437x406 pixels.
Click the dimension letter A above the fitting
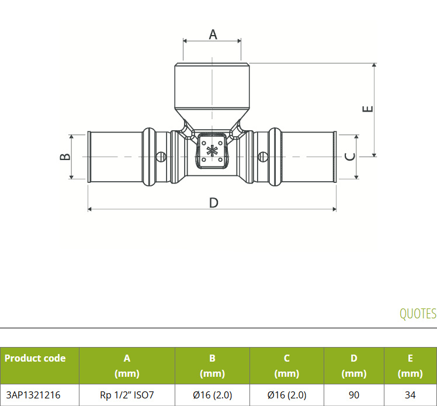pos(213,34)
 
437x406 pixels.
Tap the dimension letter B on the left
pos(65,157)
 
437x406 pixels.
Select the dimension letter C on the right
pos(350,157)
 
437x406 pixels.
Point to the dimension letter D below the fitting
pos(213,203)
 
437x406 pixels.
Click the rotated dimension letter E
pos(367,109)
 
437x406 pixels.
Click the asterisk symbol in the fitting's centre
pos(212,152)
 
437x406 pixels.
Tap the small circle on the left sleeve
pos(161,157)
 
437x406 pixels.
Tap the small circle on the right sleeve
pos(262,157)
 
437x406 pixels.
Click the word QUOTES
pos(418,314)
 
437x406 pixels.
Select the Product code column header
pos(35,358)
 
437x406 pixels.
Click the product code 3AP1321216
pos(33,395)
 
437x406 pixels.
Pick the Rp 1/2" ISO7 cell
pos(127,395)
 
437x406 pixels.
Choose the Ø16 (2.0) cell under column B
pos(213,395)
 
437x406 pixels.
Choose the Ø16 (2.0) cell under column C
pos(287,395)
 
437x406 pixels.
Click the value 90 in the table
pos(354,395)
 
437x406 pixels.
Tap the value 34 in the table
pos(410,395)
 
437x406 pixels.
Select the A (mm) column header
pos(127,366)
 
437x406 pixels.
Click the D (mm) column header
pos(354,366)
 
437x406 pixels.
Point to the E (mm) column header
pos(410,366)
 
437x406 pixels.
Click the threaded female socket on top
pos(212,86)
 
